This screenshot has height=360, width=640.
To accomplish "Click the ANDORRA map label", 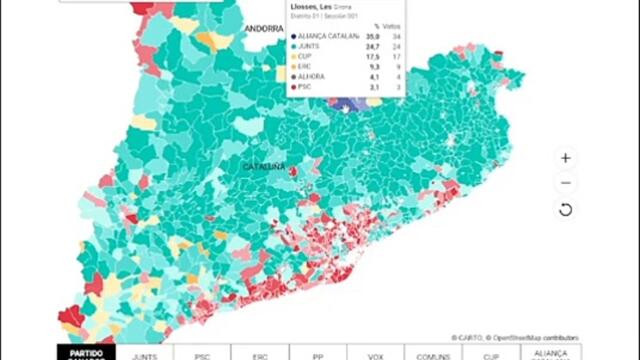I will [266, 29].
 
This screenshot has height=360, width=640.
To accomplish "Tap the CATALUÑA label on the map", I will [265, 165].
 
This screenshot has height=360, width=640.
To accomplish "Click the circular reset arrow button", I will [565, 209].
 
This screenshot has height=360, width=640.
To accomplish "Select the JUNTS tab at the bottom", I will [144, 353].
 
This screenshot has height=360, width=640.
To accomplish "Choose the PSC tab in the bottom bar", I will [202, 353].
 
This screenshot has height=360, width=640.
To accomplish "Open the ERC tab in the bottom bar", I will [260, 353].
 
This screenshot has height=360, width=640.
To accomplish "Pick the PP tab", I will [318, 353].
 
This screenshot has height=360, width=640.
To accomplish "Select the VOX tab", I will [376, 353].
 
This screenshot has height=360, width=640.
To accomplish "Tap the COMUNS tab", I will [434, 353].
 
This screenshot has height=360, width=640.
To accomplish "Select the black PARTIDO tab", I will [86, 353].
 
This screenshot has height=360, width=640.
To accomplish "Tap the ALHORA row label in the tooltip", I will [312, 77].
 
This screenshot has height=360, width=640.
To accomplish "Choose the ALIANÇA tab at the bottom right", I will [550, 353].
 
